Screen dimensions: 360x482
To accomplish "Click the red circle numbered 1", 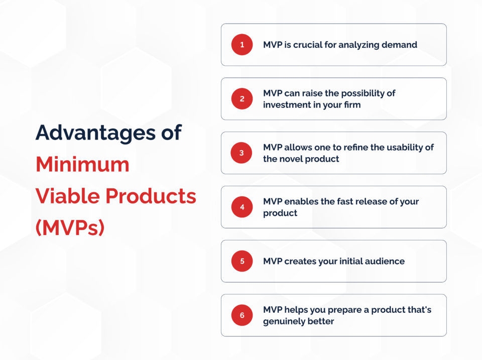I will pos(242,45).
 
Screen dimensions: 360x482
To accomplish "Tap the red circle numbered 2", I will pos(242,99).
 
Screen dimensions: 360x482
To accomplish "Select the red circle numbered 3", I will pos(242,153).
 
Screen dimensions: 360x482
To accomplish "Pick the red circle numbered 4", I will pos(242,207).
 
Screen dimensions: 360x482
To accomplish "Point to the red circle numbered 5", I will pos(242,261).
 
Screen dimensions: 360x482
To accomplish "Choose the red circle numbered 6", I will pos(242,315).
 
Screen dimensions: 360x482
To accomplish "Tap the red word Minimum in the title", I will pos(82,164).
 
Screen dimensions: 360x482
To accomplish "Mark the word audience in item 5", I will pos(385,261).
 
